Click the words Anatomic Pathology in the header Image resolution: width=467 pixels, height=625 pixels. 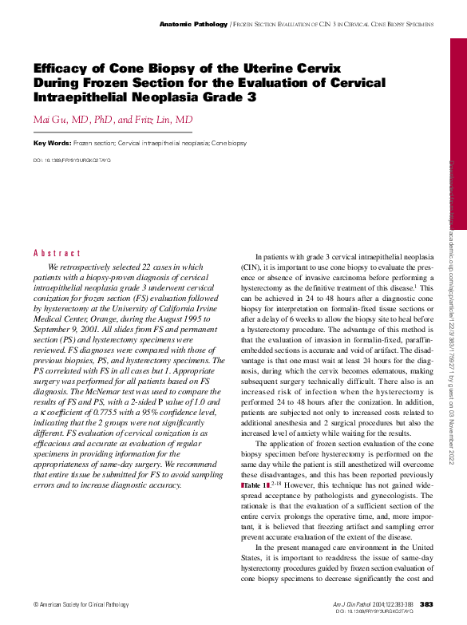193,25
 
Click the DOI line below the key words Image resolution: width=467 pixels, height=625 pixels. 72,160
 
